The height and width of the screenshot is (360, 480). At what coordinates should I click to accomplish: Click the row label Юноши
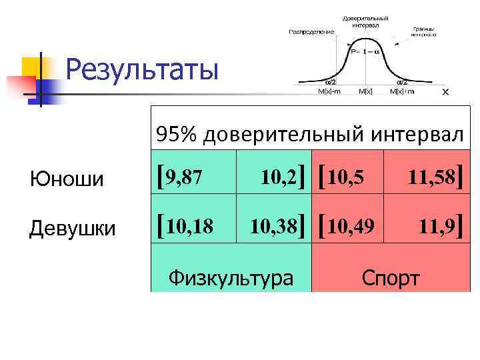click(67, 179)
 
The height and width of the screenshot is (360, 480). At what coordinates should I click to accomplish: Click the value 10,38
click(273, 227)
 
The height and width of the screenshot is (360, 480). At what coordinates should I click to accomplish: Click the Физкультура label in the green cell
click(231, 277)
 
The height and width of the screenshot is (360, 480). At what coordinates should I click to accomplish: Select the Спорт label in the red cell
click(391, 277)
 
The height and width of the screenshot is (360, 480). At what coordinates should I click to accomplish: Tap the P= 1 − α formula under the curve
click(365, 51)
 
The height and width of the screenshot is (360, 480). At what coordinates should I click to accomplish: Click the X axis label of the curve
click(445, 93)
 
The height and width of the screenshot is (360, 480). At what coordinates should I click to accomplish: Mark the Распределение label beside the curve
click(311, 31)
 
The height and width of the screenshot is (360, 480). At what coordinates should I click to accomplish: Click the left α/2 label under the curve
click(329, 82)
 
